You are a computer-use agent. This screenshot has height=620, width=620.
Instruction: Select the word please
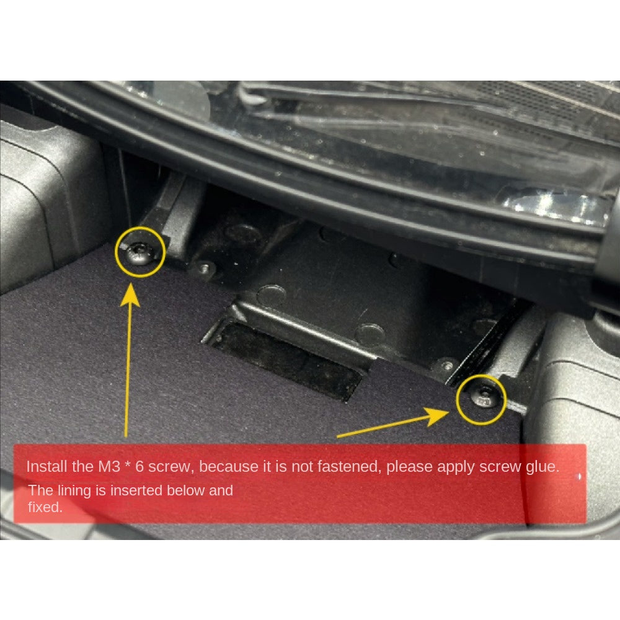coord(410,467)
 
